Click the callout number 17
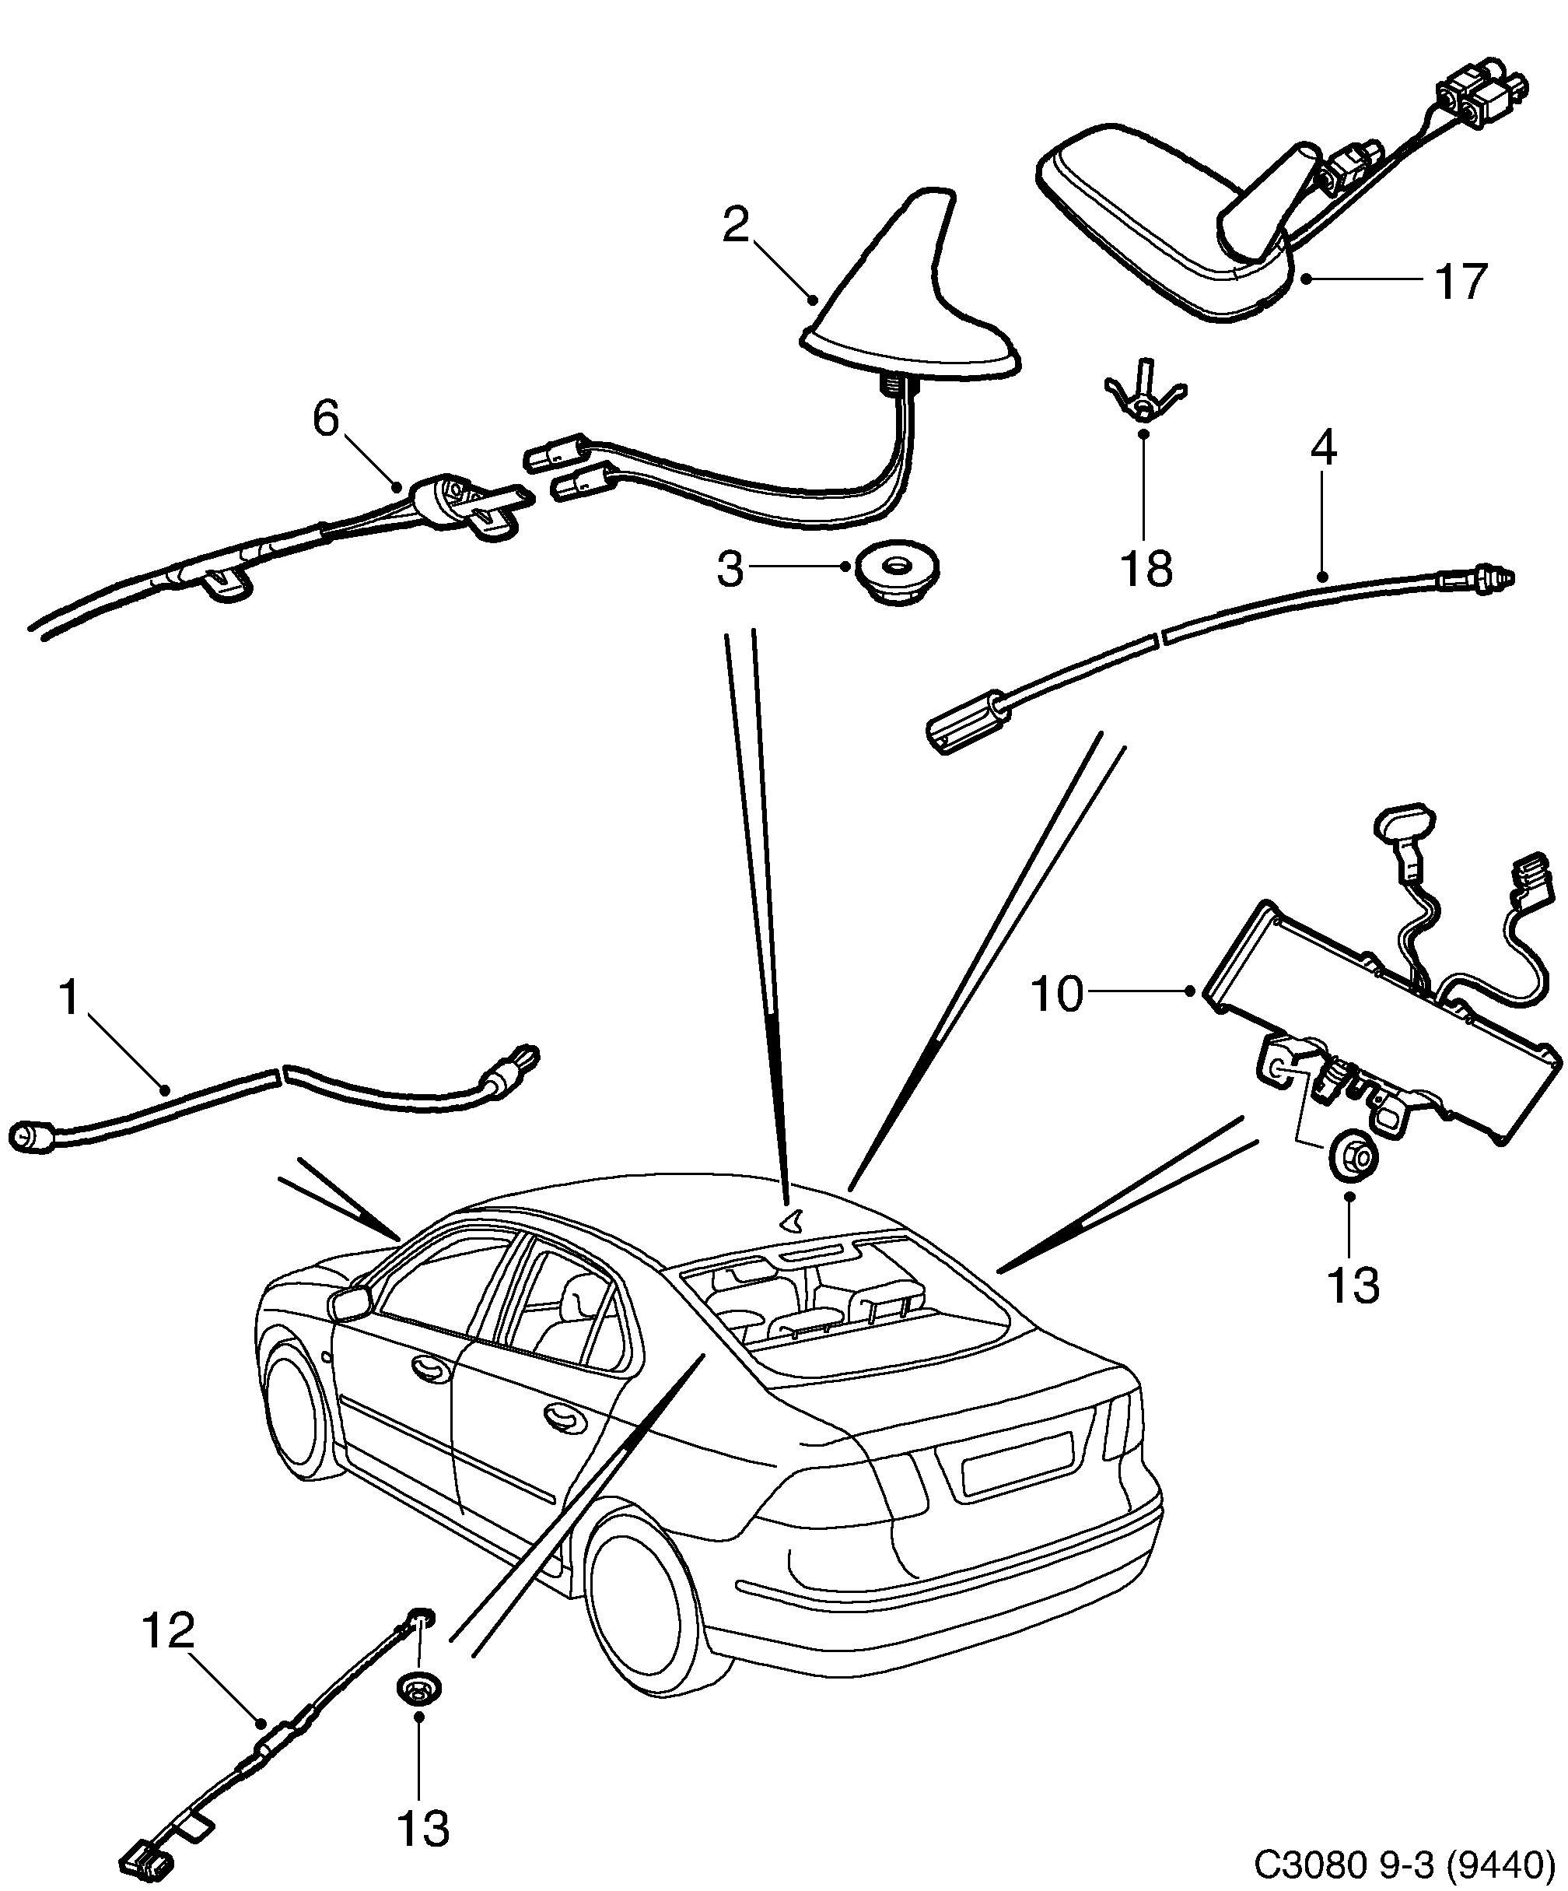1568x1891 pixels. pos(1460,281)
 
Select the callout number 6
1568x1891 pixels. pos(326,419)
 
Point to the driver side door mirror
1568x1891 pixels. pos(351,1302)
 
